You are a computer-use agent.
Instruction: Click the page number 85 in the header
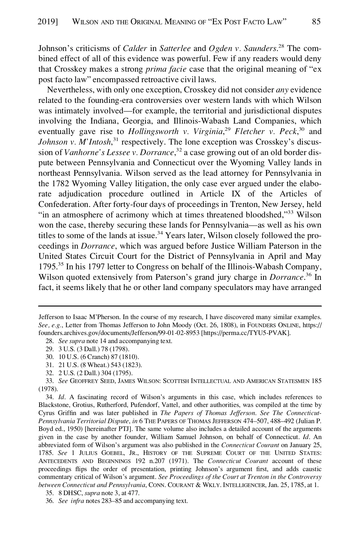coord(316,22)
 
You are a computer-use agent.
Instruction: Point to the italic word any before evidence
coord(281,90)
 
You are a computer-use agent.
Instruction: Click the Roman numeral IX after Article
coord(236,194)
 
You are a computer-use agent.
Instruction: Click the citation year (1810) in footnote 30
coord(131,357)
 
